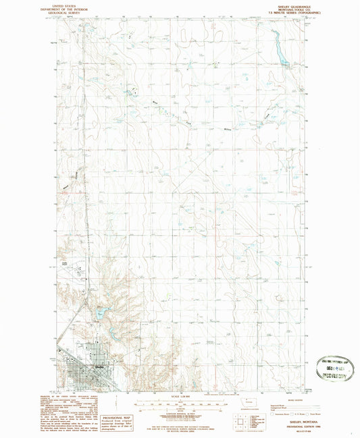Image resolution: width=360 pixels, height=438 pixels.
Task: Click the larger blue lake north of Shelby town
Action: (x=101, y=314)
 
